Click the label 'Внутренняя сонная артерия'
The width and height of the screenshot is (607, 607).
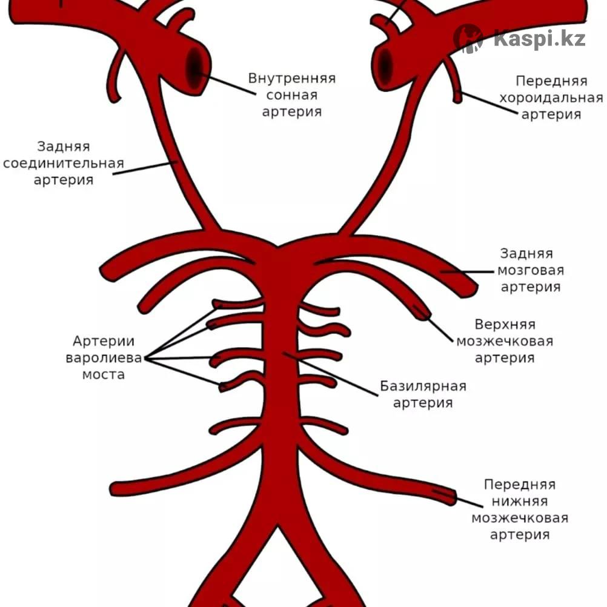click(x=291, y=95)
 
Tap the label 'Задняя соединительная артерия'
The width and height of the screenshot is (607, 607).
click(x=63, y=163)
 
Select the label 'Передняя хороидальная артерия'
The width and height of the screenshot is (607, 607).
click(x=551, y=98)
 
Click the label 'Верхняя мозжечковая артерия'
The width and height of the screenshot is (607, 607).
click(x=505, y=341)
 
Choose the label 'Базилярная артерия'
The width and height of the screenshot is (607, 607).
click(x=423, y=394)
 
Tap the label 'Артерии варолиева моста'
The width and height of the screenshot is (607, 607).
click(x=104, y=357)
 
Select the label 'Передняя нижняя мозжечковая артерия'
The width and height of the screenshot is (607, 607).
click(x=520, y=509)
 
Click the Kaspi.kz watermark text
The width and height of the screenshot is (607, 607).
click(x=539, y=39)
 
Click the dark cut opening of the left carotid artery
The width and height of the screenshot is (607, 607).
click(x=196, y=67)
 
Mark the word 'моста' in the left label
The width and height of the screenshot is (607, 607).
click(x=104, y=374)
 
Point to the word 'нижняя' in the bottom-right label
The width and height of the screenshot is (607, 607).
click(x=520, y=501)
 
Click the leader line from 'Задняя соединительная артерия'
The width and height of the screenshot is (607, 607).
click(x=146, y=168)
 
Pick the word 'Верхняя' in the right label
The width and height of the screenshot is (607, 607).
click(x=505, y=325)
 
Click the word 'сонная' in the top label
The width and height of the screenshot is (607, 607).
click(x=291, y=95)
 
